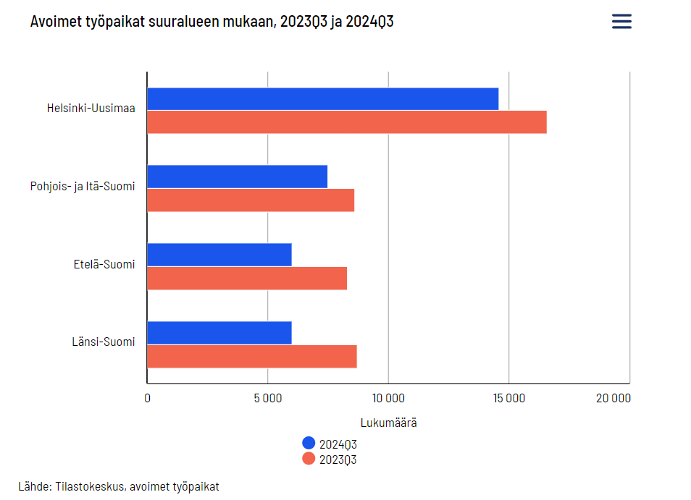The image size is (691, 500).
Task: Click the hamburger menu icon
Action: pos(621,22)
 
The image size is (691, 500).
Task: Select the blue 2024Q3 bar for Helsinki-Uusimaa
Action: pos(322,99)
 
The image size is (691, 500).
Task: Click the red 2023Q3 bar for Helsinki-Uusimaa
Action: pos(346,122)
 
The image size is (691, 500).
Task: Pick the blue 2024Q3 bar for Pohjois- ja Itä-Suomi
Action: pos(237,177)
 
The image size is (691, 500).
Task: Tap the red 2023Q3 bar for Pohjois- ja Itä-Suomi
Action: pos(251,200)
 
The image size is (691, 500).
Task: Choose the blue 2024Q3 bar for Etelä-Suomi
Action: pos(219,255)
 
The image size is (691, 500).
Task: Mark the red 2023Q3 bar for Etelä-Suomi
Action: pos(247,279)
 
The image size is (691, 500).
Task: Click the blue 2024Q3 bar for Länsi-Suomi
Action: pos(219,333)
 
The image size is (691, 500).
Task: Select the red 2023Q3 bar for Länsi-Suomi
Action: pos(251,357)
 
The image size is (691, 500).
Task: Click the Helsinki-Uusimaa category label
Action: pos(91,108)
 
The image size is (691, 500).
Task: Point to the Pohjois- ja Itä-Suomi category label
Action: pos(83,186)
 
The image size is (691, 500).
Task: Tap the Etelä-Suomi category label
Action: pos(104,264)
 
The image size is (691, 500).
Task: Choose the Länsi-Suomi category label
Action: pos(104,342)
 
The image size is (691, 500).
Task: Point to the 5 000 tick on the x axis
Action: pos(268,398)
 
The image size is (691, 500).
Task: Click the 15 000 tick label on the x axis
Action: pos(508,398)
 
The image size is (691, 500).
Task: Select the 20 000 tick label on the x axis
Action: pos(613,398)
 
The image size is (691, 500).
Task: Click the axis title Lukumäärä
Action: pos(388,423)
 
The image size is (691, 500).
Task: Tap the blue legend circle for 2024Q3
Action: pos(309,444)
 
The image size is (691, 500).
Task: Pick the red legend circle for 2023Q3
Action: pos(309,459)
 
